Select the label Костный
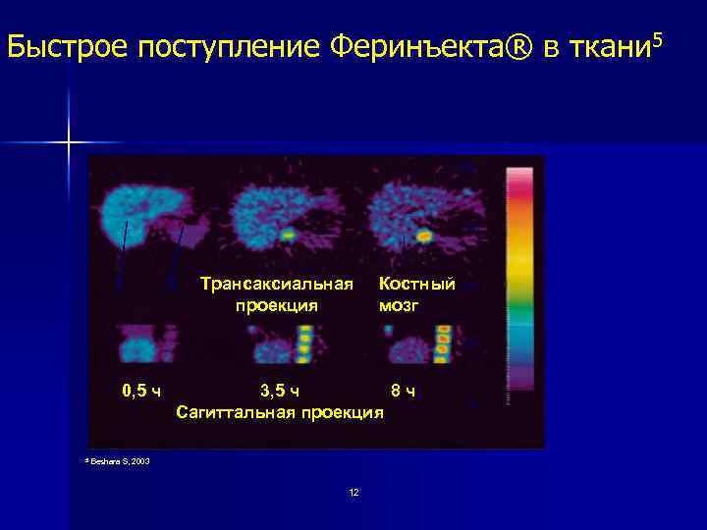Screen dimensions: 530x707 [417, 285]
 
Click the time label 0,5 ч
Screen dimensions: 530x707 [141, 391]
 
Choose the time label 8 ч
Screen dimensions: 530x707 [403, 391]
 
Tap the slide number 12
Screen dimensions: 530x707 [353, 492]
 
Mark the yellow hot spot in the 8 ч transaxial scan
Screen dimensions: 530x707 [424, 237]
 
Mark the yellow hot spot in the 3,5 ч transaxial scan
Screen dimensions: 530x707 [287, 236]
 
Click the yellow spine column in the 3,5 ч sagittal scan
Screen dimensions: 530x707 [304, 344]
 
